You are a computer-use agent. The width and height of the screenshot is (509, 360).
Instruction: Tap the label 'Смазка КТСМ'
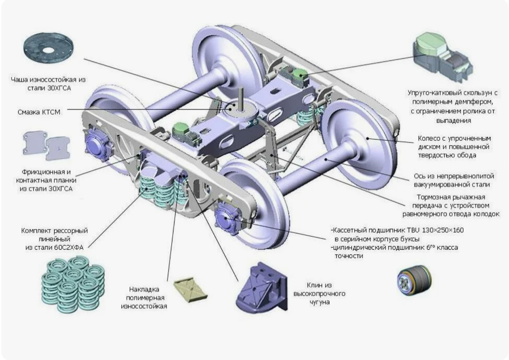[39, 112]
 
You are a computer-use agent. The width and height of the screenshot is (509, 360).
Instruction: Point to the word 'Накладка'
[144, 290]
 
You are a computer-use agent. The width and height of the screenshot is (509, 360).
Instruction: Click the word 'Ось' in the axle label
[419, 176]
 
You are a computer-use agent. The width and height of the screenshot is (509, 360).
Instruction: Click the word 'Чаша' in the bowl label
[19, 80]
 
